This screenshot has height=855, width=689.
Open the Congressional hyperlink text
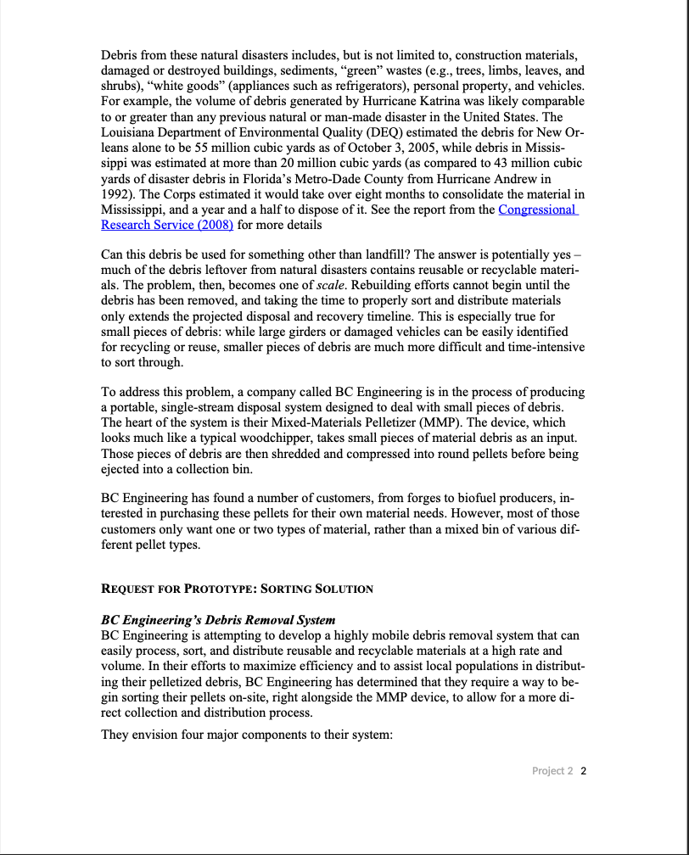(x=537, y=210)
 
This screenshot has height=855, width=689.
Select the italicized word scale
(x=329, y=285)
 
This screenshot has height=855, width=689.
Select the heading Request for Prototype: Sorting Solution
(x=237, y=589)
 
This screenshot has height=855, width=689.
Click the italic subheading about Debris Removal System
(x=218, y=620)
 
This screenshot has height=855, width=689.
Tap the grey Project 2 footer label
(x=552, y=771)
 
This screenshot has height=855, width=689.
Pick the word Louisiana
(x=127, y=131)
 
